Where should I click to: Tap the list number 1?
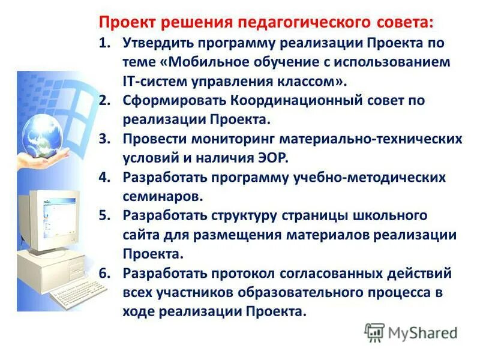pos(104,44)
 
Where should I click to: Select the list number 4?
pos(105,178)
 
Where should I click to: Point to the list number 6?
pos(105,273)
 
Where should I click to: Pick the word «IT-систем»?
pos(153,80)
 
